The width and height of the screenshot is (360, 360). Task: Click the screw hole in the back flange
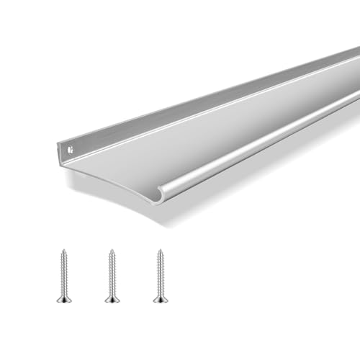click(x=71, y=150)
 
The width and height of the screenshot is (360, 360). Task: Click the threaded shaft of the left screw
click(x=62, y=274)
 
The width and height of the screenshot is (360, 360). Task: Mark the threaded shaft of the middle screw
click(x=111, y=274)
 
